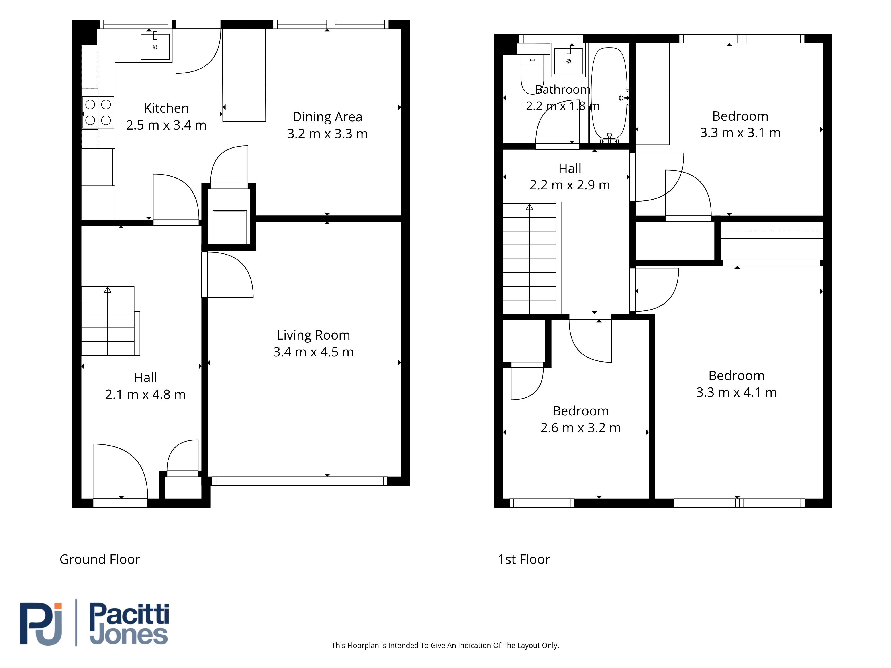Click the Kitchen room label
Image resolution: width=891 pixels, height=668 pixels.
tap(166, 108)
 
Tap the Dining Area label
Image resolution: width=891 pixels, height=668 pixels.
tap(327, 117)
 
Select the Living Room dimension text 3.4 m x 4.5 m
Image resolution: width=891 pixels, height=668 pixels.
tap(313, 352)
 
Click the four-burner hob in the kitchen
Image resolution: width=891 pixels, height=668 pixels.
tap(98, 112)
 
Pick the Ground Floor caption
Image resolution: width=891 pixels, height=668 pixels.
tap(100, 559)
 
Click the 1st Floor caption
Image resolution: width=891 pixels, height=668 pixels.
tap(524, 559)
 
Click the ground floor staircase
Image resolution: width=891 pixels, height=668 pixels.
tap(110, 321)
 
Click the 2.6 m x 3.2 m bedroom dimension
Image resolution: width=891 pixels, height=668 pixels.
tap(580, 428)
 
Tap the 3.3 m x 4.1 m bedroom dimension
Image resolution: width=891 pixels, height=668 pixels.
tap(736, 392)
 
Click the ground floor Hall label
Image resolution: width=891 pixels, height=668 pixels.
tap(145, 378)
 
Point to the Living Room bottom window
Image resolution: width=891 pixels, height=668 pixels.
tap(299, 481)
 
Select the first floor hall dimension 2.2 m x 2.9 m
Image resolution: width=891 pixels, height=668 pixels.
tap(570, 185)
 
